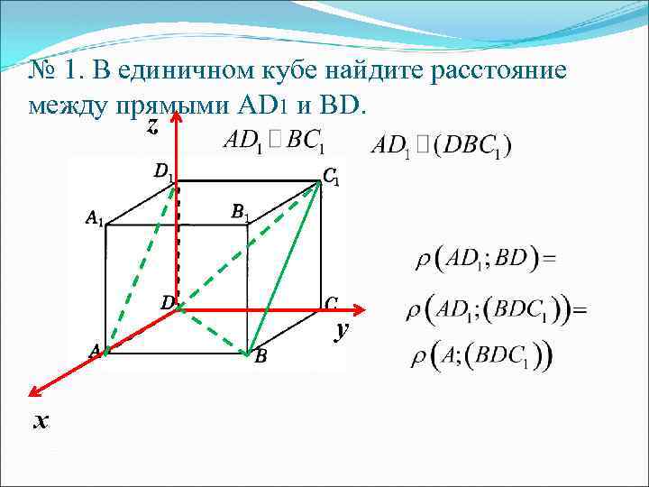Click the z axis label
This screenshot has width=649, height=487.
(x=152, y=128)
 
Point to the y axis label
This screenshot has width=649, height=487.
(x=341, y=331)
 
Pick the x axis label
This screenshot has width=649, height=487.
(x=40, y=421)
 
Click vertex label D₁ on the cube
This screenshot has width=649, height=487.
(x=163, y=170)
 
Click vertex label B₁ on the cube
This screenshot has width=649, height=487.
(x=240, y=213)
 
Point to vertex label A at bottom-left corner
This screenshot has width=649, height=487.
(x=94, y=350)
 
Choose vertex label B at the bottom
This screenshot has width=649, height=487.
(x=261, y=357)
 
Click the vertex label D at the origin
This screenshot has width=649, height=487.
(x=167, y=303)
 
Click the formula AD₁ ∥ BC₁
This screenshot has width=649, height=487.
(x=273, y=142)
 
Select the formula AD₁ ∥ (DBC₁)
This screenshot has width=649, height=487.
(x=442, y=145)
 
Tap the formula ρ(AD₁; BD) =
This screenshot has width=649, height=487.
(x=484, y=259)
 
